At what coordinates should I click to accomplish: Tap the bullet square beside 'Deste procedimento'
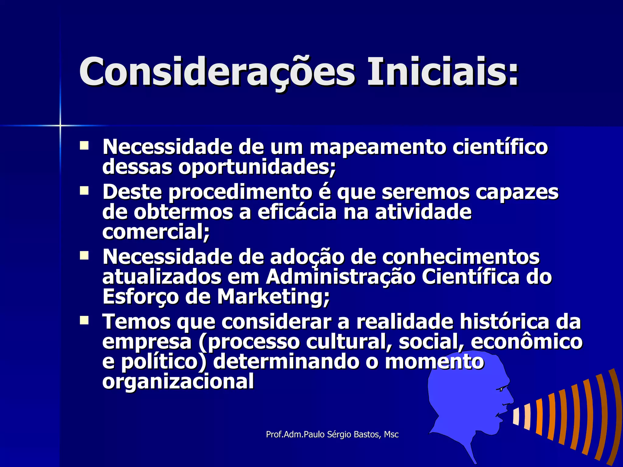click(x=84, y=191)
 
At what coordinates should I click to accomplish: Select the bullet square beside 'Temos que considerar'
click(x=84, y=320)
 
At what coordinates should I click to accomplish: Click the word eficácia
click(x=297, y=212)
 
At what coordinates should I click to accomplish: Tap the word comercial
click(x=155, y=232)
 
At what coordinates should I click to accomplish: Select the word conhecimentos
click(x=461, y=257)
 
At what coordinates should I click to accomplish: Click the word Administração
click(x=341, y=277)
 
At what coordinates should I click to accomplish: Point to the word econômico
click(x=527, y=342)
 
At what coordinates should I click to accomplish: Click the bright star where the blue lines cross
click(x=60, y=125)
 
